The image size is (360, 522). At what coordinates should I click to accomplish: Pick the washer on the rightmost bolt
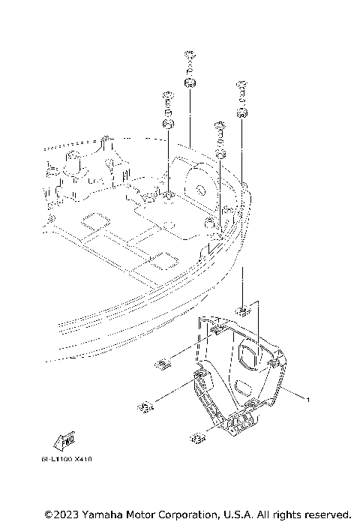pos(242,112)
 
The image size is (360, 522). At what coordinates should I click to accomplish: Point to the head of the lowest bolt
pos(220,123)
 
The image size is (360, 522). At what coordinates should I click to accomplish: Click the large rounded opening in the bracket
pos(253,355)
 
